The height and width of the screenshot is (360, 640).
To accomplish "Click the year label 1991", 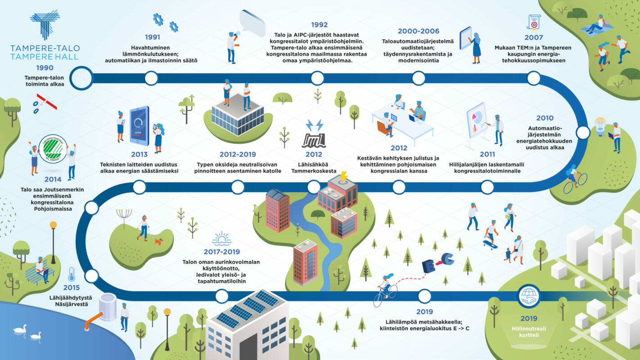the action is (152, 37).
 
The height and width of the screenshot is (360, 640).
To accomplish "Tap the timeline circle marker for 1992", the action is (317, 78).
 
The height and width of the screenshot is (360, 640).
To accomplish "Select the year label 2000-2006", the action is (418, 31).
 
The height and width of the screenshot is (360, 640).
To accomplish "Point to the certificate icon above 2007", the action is (534, 22).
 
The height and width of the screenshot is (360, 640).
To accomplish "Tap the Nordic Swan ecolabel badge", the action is (53, 148).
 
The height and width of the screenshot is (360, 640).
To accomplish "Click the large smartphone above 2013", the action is (140, 126).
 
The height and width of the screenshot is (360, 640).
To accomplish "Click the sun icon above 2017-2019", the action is (222, 239).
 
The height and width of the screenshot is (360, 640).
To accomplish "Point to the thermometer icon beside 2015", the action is (72, 274).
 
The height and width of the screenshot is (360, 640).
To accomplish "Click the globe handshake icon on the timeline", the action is (528, 296).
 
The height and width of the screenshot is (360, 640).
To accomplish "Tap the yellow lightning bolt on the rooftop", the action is (344, 176).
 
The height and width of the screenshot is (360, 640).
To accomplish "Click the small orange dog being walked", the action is (158, 242).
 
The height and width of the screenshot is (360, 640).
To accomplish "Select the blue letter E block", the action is (428, 266).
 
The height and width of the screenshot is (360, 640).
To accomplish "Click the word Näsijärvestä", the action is (72, 304).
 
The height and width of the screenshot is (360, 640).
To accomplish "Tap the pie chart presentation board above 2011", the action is (476, 121).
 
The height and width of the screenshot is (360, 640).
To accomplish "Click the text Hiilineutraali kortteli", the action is (529, 332).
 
